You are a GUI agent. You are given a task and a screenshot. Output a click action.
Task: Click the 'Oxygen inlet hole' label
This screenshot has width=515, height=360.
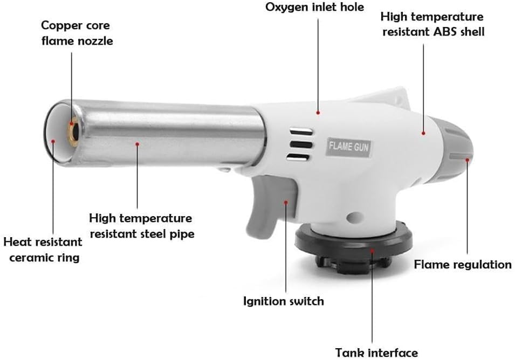[x=314, y=7]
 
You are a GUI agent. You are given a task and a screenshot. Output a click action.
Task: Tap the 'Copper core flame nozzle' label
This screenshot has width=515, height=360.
[x=77, y=33]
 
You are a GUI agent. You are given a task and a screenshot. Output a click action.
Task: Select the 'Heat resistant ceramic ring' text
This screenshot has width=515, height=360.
[x=43, y=250]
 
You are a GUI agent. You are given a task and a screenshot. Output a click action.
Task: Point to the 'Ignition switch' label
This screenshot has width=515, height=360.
[x=284, y=301]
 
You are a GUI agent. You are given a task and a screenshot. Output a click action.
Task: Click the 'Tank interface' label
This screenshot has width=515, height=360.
[x=376, y=353]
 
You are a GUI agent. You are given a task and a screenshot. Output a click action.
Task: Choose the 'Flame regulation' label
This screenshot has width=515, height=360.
[x=463, y=265]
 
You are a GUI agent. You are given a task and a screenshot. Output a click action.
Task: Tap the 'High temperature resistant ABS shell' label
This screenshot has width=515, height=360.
[x=432, y=24]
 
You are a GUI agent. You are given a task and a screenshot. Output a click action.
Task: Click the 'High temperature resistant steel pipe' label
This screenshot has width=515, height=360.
[x=142, y=226]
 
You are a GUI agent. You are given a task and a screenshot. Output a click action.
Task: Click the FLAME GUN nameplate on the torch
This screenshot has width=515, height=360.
[x=349, y=147]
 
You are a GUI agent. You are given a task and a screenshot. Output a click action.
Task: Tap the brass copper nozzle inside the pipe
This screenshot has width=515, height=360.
[x=73, y=131]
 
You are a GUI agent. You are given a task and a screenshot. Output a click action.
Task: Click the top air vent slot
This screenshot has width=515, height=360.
[x=300, y=131]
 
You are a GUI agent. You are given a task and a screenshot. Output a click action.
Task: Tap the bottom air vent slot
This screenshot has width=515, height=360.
[x=298, y=158]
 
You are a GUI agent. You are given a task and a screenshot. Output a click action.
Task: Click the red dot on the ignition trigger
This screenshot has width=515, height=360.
[x=286, y=203]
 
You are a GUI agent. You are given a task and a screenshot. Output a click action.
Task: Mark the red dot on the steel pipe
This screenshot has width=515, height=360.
[x=138, y=144]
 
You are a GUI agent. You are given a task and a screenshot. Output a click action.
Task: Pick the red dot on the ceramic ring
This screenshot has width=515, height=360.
[x=53, y=141]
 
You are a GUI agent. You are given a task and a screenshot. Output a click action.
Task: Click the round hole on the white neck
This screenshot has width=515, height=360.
[x=354, y=217]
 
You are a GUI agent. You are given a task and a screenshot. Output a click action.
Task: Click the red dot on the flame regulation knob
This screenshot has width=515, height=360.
[x=468, y=160]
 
